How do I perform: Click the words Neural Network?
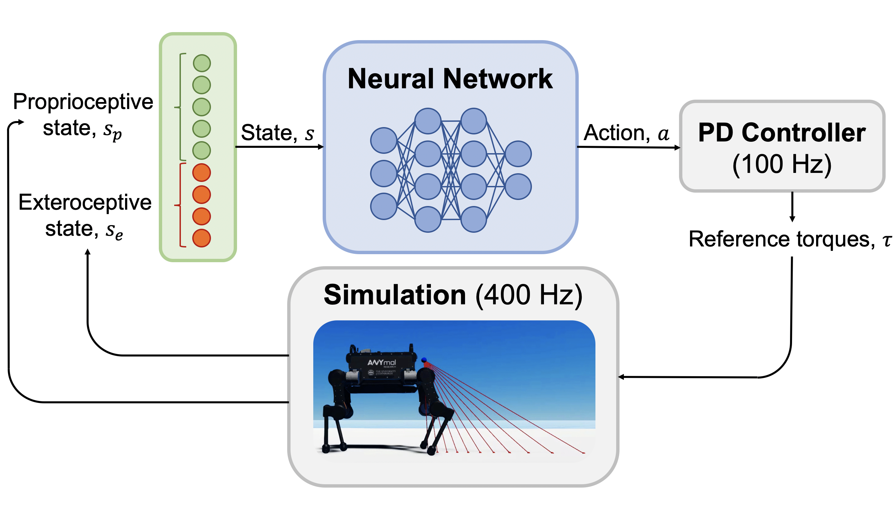coord(450,79)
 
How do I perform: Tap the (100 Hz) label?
coord(782,164)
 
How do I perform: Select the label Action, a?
coord(626,133)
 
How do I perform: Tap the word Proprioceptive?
coord(83,102)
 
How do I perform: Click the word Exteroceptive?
coord(85,203)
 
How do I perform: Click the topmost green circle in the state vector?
coord(202,63)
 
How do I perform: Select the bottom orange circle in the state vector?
coord(202,238)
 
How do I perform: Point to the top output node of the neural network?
coord(518,154)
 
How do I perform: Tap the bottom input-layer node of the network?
coord(383,206)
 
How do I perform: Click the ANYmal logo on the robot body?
coord(381,362)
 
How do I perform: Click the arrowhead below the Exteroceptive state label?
coord(88,251)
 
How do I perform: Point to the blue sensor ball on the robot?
coord(424,360)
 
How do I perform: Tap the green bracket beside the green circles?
coord(180,107)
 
